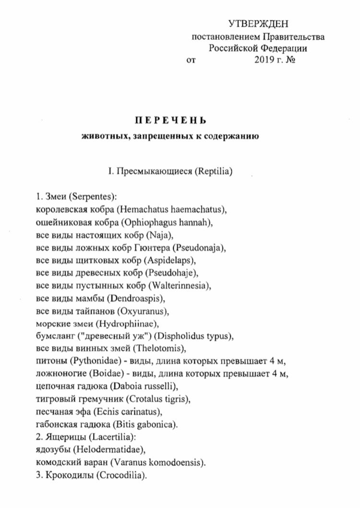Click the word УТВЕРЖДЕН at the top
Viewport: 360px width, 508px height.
[260, 24]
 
